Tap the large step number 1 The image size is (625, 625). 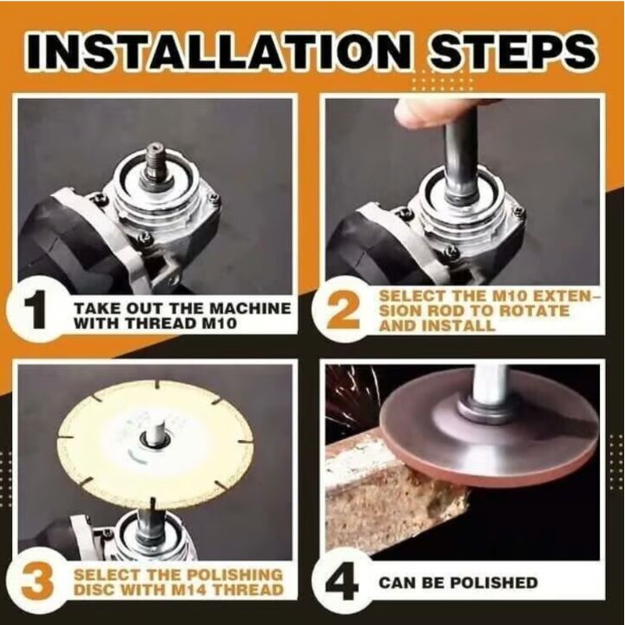click(38, 310)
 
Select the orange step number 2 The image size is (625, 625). click(344, 310)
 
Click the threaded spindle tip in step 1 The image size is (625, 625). click(155, 156)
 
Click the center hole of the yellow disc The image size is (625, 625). click(155, 438)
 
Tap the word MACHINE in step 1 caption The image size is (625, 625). click(250, 308)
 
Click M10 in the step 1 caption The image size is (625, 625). click(220, 323)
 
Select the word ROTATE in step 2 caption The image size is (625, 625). click(534, 311)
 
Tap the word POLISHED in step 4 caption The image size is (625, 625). click(494, 582)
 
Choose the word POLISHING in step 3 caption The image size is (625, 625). click(234, 575)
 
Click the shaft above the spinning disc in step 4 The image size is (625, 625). click(491, 384)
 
